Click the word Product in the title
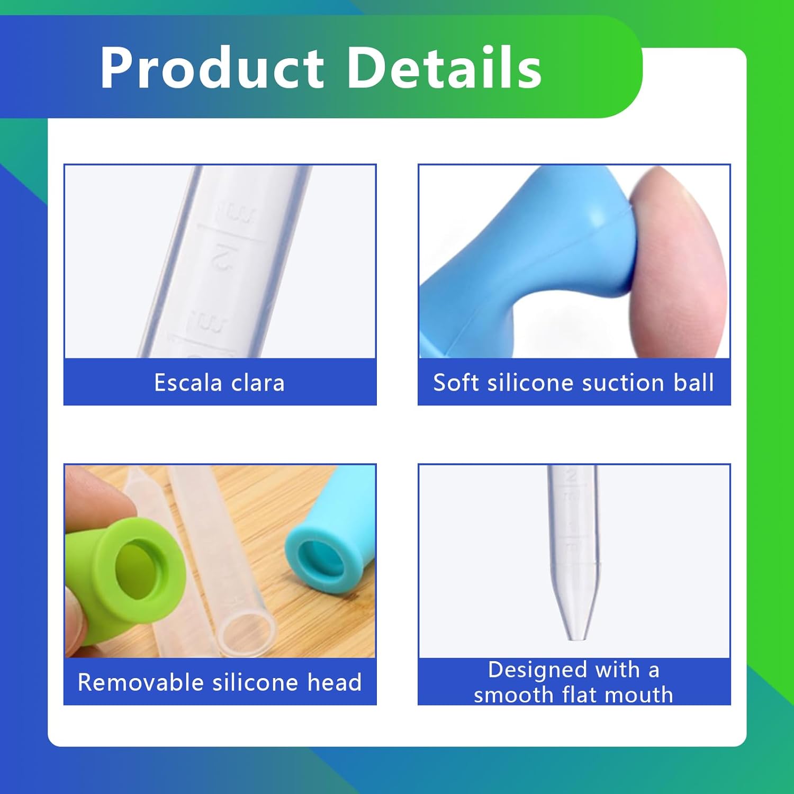coord(212,68)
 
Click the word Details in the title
coord(445,68)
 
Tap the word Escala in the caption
coord(188,383)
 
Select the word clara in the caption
coord(258,383)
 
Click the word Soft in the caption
coord(456,383)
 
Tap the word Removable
coord(140,682)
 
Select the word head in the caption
coord(335,682)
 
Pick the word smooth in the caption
coord(513,694)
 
